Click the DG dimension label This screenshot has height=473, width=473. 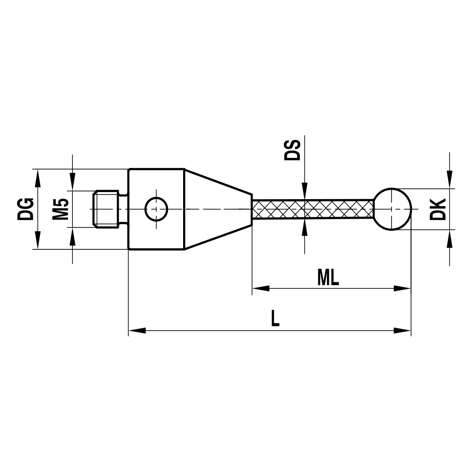click(x=26, y=209)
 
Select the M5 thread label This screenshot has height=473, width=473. click(x=61, y=209)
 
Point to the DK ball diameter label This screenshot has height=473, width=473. click(x=438, y=209)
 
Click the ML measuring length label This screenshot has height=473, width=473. click(x=328, y=278)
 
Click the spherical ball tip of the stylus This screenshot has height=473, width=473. click(x=393, y=209)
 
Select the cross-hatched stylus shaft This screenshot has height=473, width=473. click(x=312, y=209)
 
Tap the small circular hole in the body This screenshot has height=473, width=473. click(x=156, y=209)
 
